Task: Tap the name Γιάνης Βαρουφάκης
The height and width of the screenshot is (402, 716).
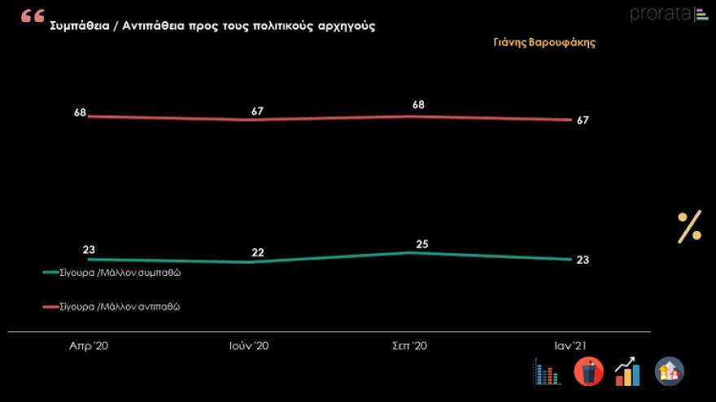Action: pyautogui.click(x=544, y=42)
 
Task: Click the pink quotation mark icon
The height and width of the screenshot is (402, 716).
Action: pyautogui.click(x=33, y=16)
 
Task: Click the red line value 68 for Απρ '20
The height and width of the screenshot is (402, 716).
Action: pyautogui.click(x=80, y=112)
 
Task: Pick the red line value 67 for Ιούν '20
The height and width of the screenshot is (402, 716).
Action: pyautogui.click(x=257, y=111)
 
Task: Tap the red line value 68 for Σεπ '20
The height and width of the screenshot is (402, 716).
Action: pyautogui.click(x=418, y=104)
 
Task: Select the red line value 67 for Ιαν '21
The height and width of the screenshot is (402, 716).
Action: pyautogui.click(x=582, y=120)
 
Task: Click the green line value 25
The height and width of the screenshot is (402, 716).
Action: pyautogui.click(x=421, y=243)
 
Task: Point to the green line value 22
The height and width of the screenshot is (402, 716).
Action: pyautogui.click(x=257, y=252)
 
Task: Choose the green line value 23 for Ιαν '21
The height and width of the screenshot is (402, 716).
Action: pyautogui.click(x=582, y=260)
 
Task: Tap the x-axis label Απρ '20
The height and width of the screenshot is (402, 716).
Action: pyautogui.click(x=89, y=346)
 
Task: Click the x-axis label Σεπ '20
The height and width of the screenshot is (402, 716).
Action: pyautogui.click(x=409, y=346)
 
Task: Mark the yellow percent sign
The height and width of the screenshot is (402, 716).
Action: pyautogui.click(x=689, y=226)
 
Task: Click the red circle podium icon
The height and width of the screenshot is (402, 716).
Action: pyautogui.click(x=588, y=372)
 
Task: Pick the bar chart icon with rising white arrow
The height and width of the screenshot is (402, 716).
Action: pyautogui.click(x=627, y=372)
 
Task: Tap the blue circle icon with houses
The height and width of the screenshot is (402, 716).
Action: pyautogui.click(x=670, y=372)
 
